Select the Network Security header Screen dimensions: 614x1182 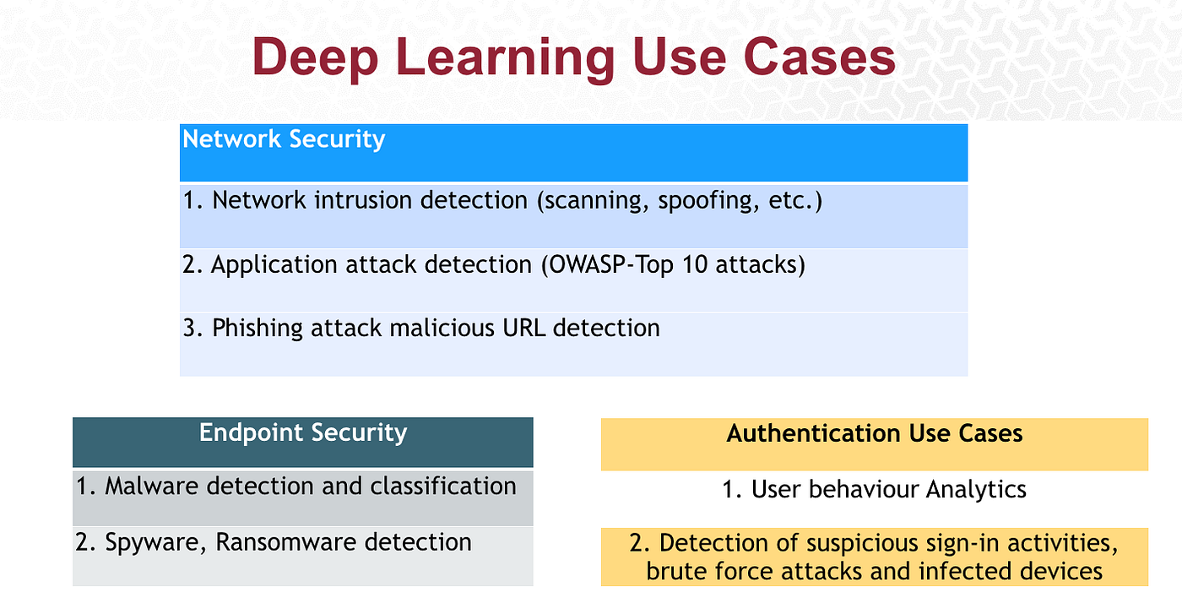click(284, 139)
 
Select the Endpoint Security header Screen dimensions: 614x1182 click(303, 433)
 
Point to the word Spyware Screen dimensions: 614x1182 click(156, 542)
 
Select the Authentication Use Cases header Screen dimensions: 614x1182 click(875, 434)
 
